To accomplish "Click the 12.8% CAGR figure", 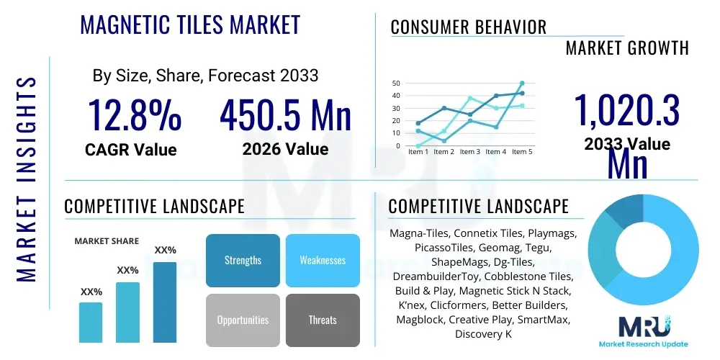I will [x=135, y=116].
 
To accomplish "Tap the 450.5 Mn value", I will [x=285, y=116].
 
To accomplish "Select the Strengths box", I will [x=243, y=260].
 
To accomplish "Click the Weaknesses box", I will [x=323, y=260].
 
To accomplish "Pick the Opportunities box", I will [x=243, y=320].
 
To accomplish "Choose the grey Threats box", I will [x=323, y=320].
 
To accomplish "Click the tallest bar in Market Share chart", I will [x=165, y=302].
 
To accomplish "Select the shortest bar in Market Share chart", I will [x=91, y=322].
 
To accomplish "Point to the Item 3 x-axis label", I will [x=470, y=152].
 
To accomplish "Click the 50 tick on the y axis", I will [x=395, y=83].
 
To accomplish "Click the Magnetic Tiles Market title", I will [x=190, y=25].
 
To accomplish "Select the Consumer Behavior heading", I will [x=468, y=27].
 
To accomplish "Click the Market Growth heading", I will [x=627, y=48].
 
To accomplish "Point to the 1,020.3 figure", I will [x=626, y=110].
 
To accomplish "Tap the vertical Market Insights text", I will [x=27, y=179].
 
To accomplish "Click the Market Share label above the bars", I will [x=107, y=241].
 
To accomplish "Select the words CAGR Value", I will [x=130, y=150].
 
